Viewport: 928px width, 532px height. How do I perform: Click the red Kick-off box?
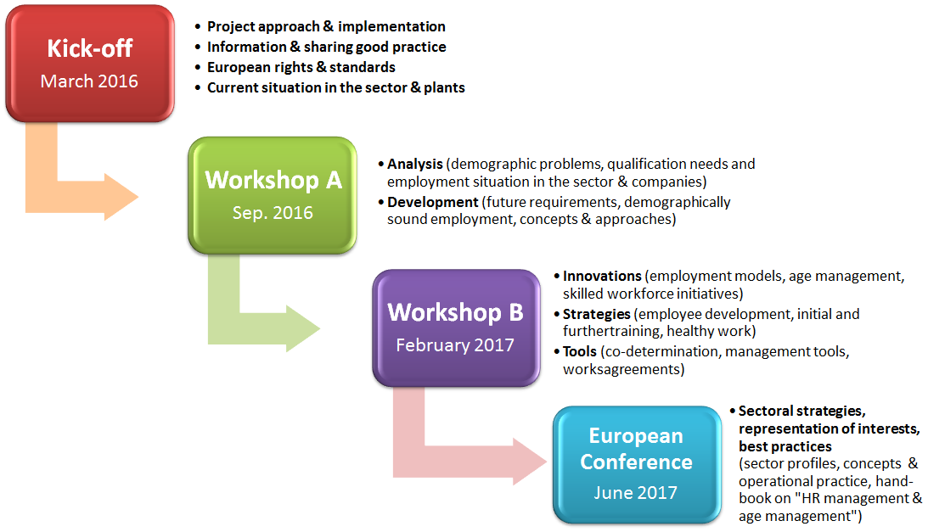[x=90, y=64]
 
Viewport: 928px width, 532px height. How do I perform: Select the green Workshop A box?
[x=273, y=195]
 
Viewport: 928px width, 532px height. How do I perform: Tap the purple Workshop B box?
[x=456, y=328]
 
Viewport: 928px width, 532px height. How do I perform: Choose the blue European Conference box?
[x=637, y=464]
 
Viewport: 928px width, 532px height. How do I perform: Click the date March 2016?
[x=89, y=81]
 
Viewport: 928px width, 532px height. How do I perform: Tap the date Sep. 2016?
[x=273, y=213]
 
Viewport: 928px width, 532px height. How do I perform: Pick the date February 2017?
[x=455, y=345]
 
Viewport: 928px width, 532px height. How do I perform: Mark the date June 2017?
[x=636, y=492]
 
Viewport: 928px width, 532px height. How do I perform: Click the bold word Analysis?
[x=415, y=164]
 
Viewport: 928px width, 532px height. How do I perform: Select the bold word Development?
[x=433, y=203]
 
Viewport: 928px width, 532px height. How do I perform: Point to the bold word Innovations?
[x=602, y=277]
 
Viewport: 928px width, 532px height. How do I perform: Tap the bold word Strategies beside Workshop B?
[x=597, y=314]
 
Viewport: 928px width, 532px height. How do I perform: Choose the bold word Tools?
[x=579, y=351]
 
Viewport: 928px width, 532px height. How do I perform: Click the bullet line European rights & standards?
[x=301, y=68]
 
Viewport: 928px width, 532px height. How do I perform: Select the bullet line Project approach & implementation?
[x=326, y=26]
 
